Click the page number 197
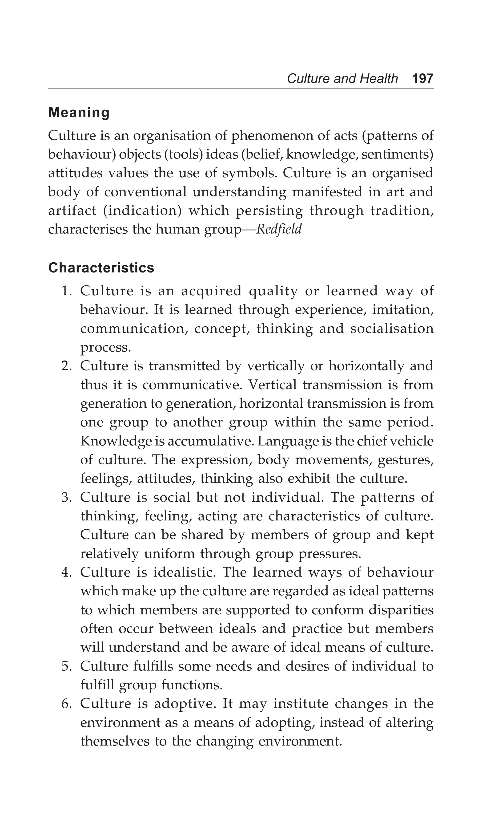coord(422,79)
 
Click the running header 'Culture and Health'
coord(342,79)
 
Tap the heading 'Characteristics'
coord(101,268)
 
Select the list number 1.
coord(66,291)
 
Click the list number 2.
coord(66,366)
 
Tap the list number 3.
coord(66,498)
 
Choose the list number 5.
coord(66,666)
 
